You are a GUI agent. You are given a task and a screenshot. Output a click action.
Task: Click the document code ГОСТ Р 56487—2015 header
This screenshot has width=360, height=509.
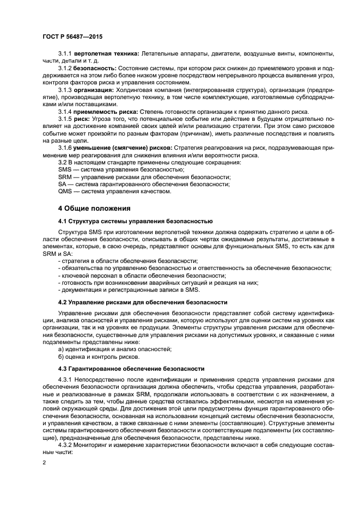pos(72,36)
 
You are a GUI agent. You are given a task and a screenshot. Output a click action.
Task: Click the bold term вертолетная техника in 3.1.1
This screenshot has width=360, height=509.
pos(107,54)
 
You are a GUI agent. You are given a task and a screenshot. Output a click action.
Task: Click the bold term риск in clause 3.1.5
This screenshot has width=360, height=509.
pos(82,119)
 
